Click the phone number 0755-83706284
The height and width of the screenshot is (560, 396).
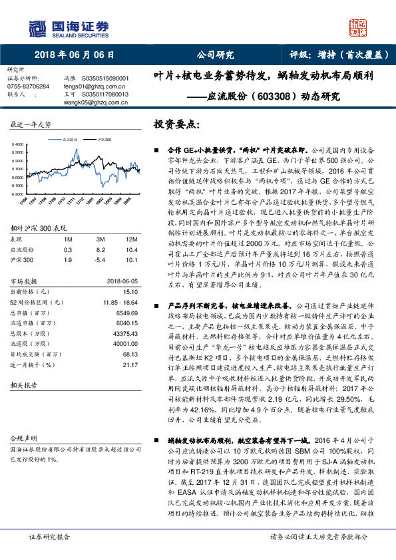[x=28, y=86]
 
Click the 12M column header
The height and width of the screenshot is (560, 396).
[x=131, y=238]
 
